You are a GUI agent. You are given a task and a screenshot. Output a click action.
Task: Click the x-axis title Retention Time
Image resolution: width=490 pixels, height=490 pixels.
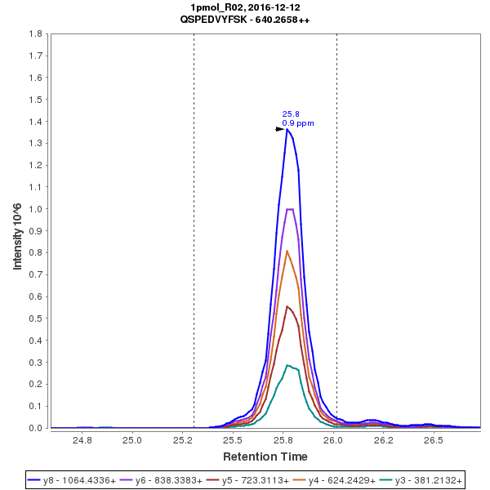tap(265, 457)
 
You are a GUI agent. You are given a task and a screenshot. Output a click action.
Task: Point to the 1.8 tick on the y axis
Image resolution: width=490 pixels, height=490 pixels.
tap(35, 34)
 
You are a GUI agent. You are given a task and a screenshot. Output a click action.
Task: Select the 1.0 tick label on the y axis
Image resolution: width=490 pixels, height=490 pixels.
tap(35, 209)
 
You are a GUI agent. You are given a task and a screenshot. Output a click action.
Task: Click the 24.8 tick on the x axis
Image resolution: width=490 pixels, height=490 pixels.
tap(82, 439)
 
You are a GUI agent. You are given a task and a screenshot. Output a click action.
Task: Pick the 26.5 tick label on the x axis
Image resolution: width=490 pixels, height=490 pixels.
tap(434, 439)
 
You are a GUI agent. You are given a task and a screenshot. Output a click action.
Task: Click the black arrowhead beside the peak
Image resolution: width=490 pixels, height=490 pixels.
tap(280, 129)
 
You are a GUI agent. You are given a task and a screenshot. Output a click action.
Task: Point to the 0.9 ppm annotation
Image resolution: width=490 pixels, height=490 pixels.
tap(297, 123)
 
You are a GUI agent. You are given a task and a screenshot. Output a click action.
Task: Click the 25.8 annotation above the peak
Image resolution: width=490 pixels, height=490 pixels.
tap(290, 114)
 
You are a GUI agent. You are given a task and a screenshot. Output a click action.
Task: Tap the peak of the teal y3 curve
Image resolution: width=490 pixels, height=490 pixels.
tap(287, 365)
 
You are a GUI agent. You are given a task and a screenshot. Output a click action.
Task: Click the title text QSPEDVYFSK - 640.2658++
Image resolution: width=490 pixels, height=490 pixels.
tap(244, 19)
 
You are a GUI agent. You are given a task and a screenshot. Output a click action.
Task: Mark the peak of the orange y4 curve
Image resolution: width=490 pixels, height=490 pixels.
tap(287, 251)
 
